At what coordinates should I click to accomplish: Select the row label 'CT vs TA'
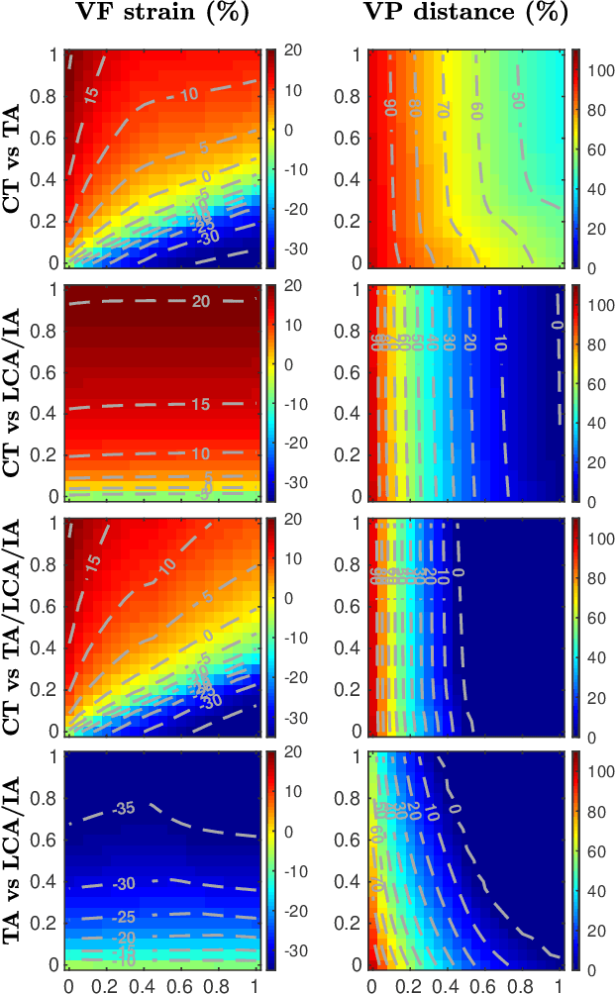(16, 158)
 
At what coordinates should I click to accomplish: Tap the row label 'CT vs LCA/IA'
(16, 392)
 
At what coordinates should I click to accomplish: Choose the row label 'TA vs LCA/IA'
(16, 860)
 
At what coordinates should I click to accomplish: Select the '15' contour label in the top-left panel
(91, 94)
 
